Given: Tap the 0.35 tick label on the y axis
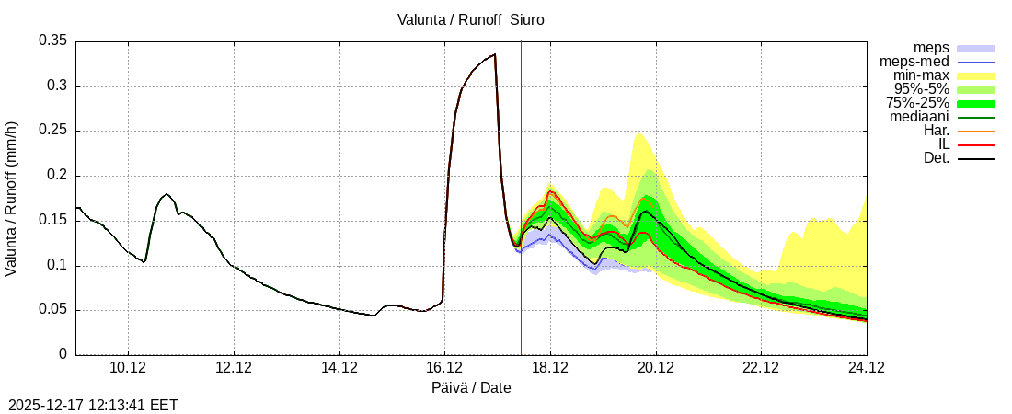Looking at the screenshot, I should [52, 40].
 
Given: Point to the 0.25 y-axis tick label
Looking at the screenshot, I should [52, 131].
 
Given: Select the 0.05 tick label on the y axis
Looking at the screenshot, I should [52, 310].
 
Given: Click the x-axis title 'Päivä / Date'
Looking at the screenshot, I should [471, 388].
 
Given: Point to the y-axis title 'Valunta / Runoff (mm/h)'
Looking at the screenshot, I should [12, 198].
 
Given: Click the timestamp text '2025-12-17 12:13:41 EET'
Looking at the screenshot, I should [93, 405].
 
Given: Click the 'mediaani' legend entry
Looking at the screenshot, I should [919, 117].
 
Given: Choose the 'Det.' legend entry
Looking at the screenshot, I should [935, 158].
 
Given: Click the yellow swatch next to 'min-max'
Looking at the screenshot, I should [976, 76].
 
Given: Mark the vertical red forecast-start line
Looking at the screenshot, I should [522, 202].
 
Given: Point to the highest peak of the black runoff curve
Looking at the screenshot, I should [495, 54].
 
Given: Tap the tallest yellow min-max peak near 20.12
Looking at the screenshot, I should [639, 135].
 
